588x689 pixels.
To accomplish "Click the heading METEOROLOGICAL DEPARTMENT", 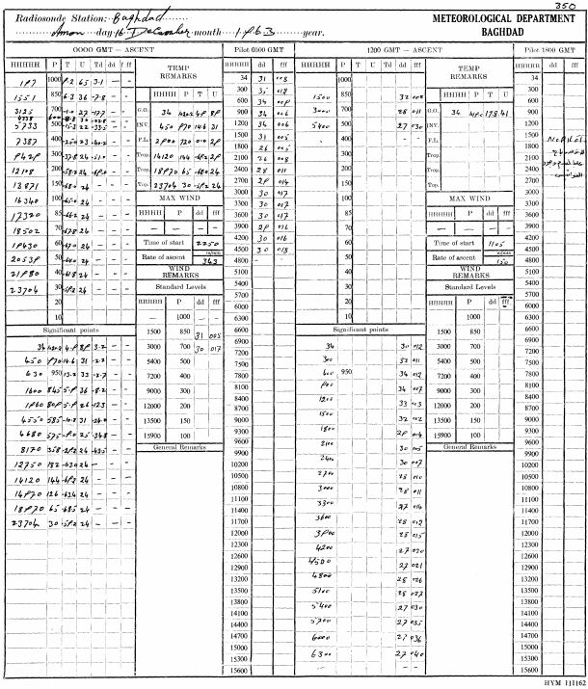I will [493, 18].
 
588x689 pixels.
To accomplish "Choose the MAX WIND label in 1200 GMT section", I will [467, 198].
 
